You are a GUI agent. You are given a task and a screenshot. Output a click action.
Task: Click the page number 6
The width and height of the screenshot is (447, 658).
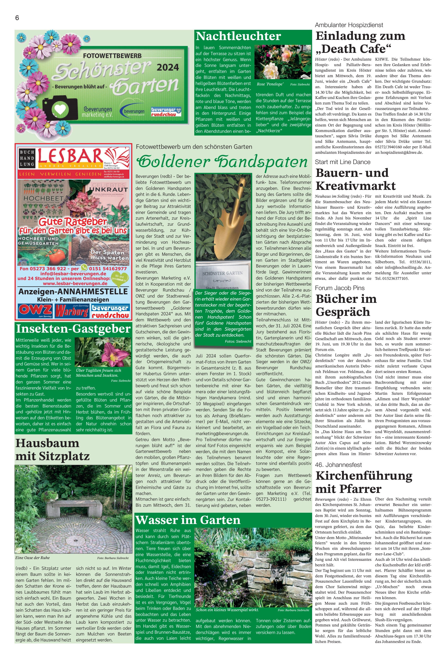(17, 18)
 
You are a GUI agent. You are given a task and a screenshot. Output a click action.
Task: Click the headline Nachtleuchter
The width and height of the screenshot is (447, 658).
(238, 36)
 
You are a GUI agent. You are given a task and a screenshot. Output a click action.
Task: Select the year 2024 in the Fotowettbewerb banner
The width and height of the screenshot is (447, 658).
(168, 67)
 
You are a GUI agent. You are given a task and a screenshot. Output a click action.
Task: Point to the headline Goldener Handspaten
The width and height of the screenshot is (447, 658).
(222, 162)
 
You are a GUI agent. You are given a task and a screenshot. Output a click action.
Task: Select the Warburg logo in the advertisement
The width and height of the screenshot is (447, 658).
(72, 311)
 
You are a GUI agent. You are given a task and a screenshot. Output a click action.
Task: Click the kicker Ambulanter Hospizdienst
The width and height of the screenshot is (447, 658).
(349, 25)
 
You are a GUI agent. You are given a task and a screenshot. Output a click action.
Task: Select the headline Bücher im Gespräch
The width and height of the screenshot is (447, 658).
(346, 305)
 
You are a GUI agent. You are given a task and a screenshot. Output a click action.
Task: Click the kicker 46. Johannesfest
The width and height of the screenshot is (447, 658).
(338, 465)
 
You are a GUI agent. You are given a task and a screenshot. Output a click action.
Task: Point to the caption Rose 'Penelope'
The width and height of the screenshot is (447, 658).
(270, 84)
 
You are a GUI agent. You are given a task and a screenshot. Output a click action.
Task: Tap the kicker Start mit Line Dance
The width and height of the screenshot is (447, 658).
(342, 162)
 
